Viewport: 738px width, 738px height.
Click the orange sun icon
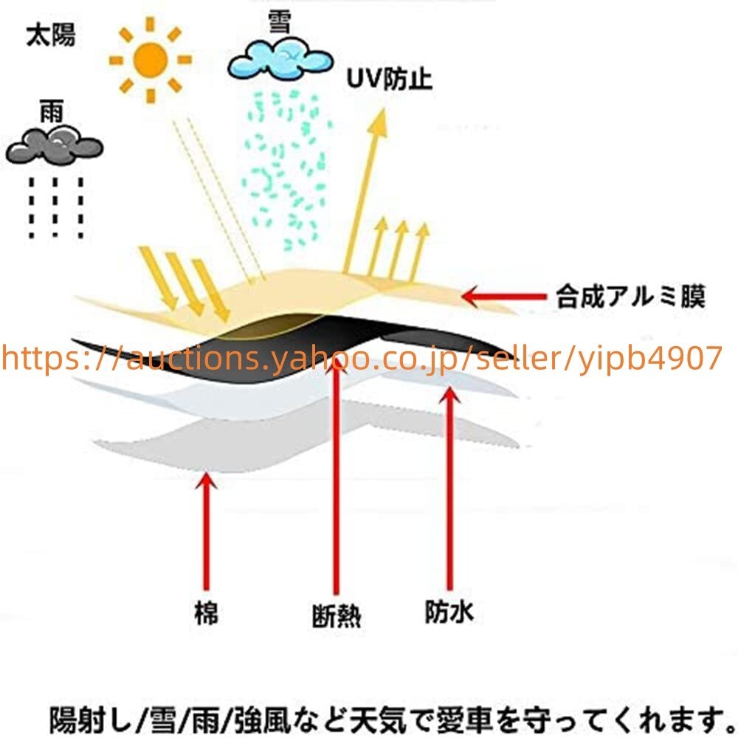pyautogui.click(x=150, y=60)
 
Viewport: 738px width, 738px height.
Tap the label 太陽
pyautogui.click(x=50, y=35)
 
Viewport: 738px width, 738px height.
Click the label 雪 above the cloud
pyautogui.click(x=280, y=22)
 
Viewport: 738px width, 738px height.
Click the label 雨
pyautogui.click(x=52, y=111)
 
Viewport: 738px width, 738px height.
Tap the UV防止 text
pyautogui.click(x=389, y=79)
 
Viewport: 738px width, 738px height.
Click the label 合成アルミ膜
pyautogui.click(x=631, y=297)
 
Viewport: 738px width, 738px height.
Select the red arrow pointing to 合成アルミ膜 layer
pyautogui.click(x=504, y=297)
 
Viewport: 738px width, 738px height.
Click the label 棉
pyautogui.click(x=206, y=613)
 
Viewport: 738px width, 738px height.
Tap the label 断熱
pyautogui.click(x=337, y=615)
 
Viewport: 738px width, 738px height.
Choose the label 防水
pyautogui.click(x=449, y=611)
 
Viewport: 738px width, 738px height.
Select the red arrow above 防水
pyautogui.click(x=450, y=488)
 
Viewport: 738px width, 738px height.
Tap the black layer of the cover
pyautogui.click(x=292, y=346)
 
